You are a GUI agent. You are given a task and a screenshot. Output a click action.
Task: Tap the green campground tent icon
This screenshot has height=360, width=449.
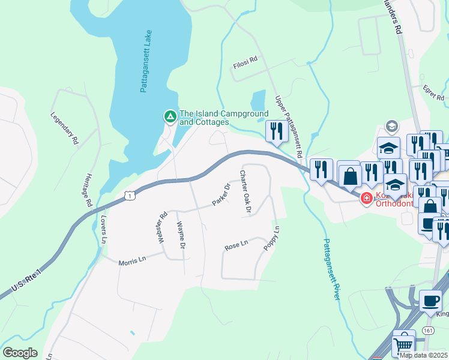[x=170, y=116]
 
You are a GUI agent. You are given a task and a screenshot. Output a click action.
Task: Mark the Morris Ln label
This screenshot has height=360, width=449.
[x=132, y=260]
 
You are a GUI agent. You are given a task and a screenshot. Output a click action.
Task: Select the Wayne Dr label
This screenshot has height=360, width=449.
[x=179, y=235]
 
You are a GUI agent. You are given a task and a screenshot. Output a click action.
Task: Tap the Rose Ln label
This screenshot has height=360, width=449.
[x=236, y=245]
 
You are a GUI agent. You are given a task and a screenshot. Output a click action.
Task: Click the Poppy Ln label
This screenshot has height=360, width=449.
[x=271, y=238]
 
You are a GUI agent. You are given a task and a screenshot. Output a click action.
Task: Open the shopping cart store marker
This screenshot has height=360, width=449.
[x=403, y=344]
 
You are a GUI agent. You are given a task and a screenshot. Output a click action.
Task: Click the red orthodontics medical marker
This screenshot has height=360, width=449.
[x=366, y=197]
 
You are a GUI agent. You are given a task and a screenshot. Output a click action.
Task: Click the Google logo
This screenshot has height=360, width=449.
[x=20, y=353]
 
